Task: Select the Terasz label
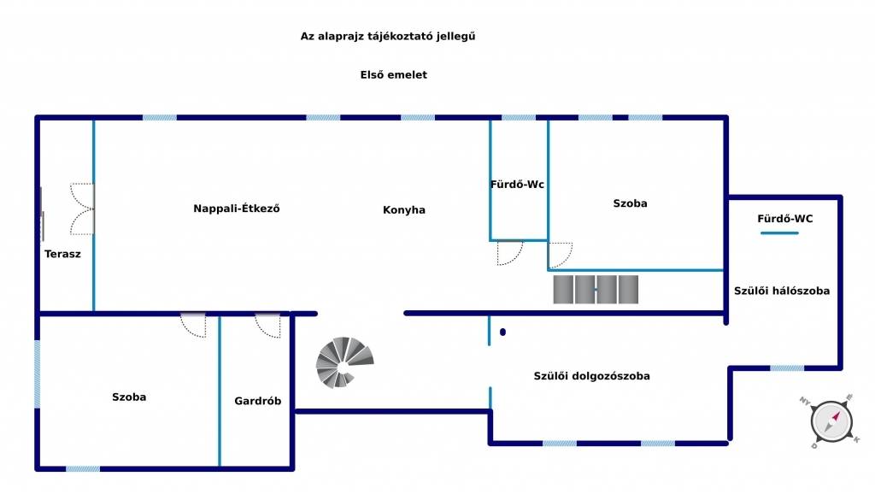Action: [x=62, y=254]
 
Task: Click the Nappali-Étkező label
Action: [x=237, y=209]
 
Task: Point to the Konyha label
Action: [x=404, y=210]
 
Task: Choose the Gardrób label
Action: [x=258, y=401]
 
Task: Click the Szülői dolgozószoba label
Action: [x=591, y=376]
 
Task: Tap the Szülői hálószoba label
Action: [x=782, y=291]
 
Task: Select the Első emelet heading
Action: [x=393, y=75]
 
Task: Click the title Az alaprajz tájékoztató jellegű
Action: [x=387, y=36]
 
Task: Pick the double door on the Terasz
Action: [x=83, y=209]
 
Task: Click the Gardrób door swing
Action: [x=267, y=326]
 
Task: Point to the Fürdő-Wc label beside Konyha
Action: [x=517, y=185]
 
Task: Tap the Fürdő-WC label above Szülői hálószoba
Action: [x=785, y=219]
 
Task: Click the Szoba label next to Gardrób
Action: [x=129, y=397]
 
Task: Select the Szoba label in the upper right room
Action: [x=630, y=203]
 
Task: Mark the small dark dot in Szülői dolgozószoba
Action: [x=503, y=332]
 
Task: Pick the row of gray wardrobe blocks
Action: [x=596, y=289]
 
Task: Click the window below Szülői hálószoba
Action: [x=786, y=368]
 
